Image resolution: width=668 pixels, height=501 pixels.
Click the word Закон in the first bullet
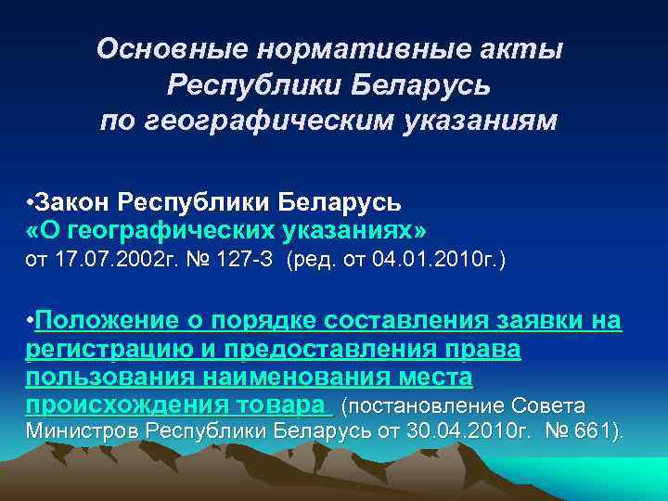click(x=77, y=201)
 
